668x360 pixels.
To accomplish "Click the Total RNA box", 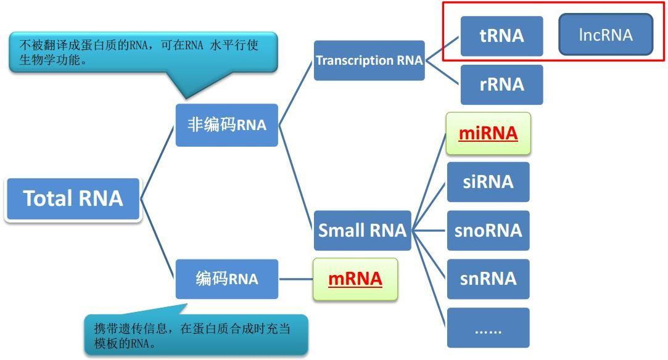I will pos(73,198).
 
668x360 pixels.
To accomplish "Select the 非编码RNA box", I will pos(226,125).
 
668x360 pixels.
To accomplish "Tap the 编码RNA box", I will pos(226,279).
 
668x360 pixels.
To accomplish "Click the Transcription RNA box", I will pos(369,60).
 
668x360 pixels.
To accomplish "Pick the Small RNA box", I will pos(362,231).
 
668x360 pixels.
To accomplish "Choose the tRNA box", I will pos(501,36).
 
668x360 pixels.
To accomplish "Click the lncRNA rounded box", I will pos(605,35).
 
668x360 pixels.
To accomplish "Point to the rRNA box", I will pos(501,84).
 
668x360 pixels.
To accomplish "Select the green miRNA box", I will pos(488,133).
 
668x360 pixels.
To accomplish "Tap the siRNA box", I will pos(488,182).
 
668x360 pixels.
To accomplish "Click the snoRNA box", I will pos(488,231).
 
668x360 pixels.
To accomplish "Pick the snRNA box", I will pos(488,279).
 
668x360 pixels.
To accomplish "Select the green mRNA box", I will pos(355,279).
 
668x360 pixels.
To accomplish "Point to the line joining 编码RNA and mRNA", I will pos(295,279).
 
